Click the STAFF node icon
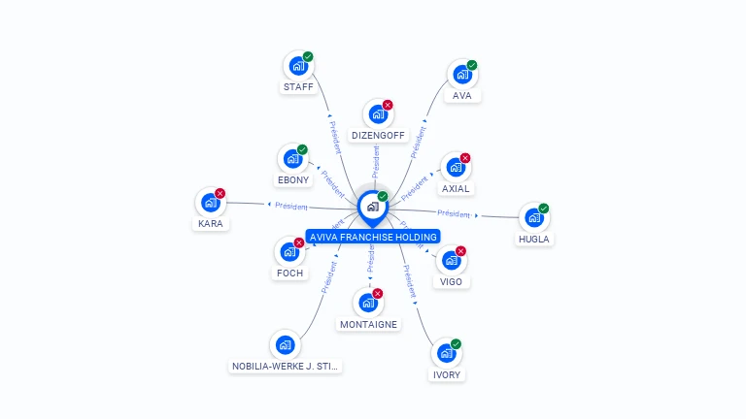(x=297, y=66)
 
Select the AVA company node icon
(x=461, y=75)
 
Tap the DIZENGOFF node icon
(x=377, y=114)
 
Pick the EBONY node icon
(x=291, y=159)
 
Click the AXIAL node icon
(x=454, y=168)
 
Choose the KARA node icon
(x=209, y=203)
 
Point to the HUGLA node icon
(x=533, y=218)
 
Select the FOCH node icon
(x=288, y=252)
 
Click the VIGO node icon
(x=450, y=260)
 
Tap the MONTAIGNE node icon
(x=367, y=303)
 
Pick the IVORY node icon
(x=445, y=353)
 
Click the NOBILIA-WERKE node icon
(x=285, y=345)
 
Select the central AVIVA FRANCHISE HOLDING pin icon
(x=372, y=207)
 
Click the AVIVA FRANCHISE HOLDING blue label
(x=373, y=237)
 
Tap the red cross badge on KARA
(x=220, y=193)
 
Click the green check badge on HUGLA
(x=544, y=209)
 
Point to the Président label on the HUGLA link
(x=455, y=213)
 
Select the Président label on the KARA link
(x=291, y=206)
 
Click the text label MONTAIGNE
(x=368, y=324)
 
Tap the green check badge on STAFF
(x=308, y=56)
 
